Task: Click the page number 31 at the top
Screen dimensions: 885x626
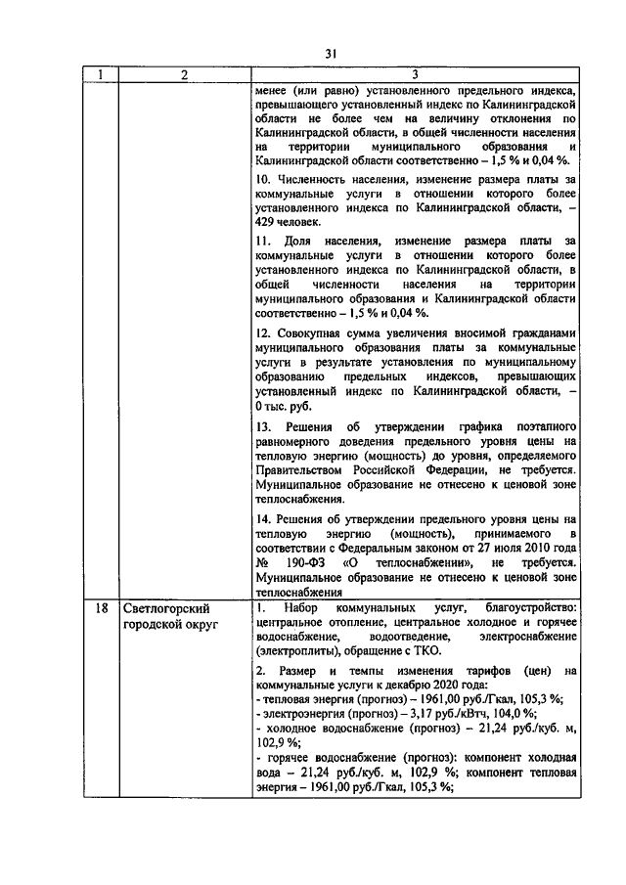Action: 331,55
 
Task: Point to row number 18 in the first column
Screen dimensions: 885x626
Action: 101,608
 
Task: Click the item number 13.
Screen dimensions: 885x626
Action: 262,427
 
